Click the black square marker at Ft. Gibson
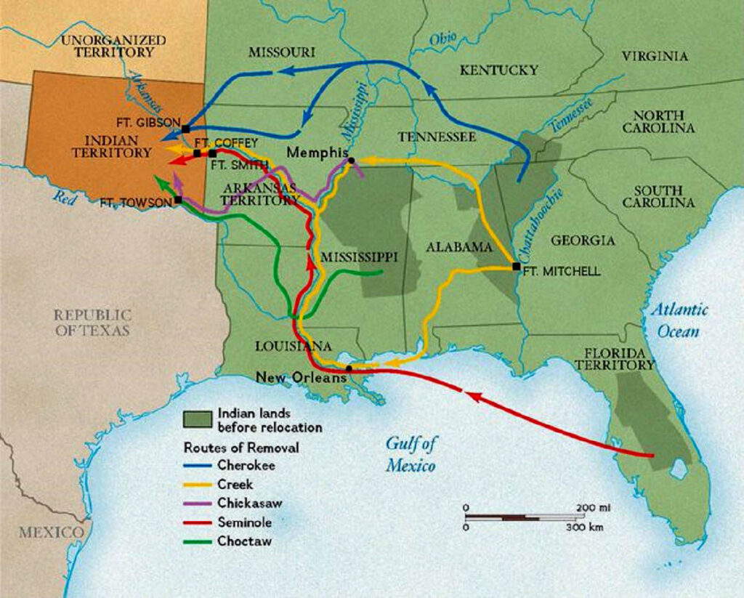186,129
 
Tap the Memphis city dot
351,161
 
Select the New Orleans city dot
349,368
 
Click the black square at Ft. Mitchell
516,266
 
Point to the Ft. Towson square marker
178,199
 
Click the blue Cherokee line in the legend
197,466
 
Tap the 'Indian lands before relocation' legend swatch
197,419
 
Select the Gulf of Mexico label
411,455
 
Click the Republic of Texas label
92,323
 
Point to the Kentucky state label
498,70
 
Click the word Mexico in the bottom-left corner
51,533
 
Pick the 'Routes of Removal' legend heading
240,448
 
